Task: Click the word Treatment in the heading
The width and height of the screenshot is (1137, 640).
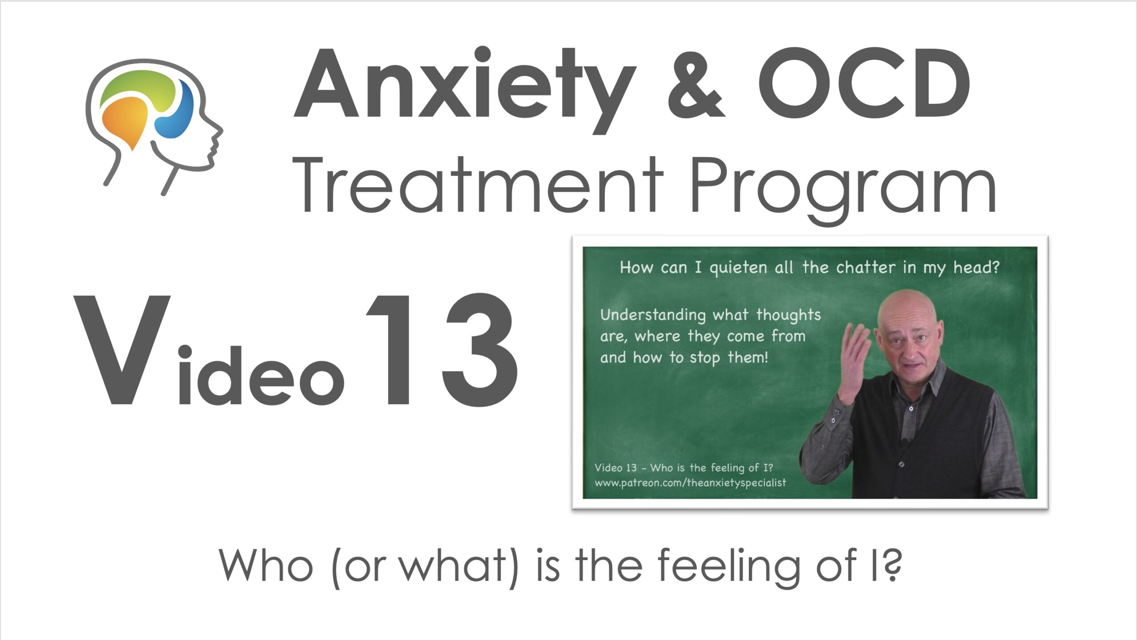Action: [x=477, y=186]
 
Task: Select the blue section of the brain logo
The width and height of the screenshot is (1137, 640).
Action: [x=176, y=111]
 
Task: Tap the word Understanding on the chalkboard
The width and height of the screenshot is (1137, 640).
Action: [x=653, y=316]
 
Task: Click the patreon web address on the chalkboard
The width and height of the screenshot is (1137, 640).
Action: [x=690, y=483]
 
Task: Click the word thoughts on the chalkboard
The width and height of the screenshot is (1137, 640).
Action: [x=789, y=315]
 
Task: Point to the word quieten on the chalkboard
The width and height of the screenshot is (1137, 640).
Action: [x=738, y=268]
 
